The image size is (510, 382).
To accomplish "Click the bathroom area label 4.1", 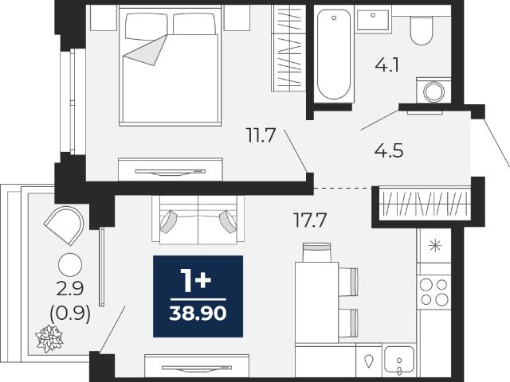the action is (x=386, y=66).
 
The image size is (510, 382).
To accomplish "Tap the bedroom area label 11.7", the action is (x=261, y=135).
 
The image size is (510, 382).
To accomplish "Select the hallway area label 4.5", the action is (x=389, y=151).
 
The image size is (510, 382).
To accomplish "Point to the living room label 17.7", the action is (x=310, y=220).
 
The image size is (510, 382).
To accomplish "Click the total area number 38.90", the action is (x=198, y=314).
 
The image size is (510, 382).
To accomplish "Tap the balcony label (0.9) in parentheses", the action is (x=70, y=314).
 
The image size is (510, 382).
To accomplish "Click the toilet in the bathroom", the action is (x=422, y=30).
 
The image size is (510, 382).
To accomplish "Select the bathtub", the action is (x=334, y=54).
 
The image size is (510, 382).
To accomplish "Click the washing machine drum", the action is (x=433, y=92).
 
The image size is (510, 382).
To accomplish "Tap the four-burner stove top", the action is (x=433, y=292).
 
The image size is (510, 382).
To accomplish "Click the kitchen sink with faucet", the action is (x=399, y=360).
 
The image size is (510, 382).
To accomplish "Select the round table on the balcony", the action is (x=70, y=265).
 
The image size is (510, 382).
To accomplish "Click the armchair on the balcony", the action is (x=65, y=225).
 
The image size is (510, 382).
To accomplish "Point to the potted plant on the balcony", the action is (x=49, y=339).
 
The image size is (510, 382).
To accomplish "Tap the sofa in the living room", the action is (x=198, y=220).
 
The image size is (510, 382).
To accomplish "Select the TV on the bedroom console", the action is (x=170, y=172).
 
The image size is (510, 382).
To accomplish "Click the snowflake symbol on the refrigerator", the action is (x=435, y=246).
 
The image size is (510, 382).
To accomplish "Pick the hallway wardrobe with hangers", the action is (x=426, y=204).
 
